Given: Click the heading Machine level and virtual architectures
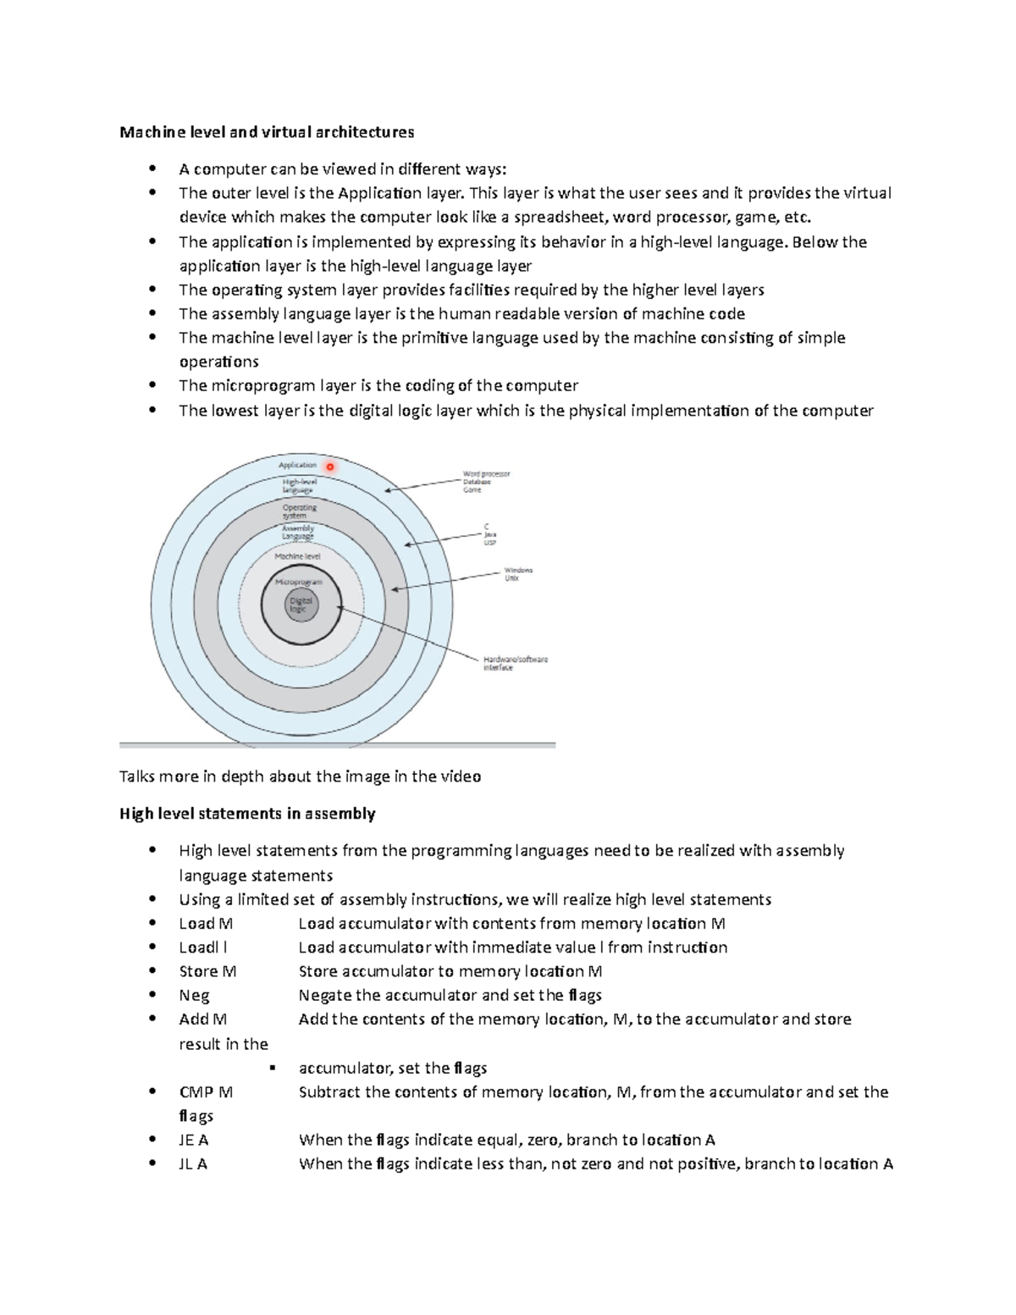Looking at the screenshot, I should pos(267,132).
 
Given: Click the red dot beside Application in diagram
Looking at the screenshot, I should pos(330,467).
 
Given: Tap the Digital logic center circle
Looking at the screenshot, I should pos(301,605).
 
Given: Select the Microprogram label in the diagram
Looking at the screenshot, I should pos(298,583).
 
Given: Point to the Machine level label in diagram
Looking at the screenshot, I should pos(297,556).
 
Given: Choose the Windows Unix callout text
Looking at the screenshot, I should pos(517,574).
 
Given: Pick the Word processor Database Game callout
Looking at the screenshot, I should pos(485,482).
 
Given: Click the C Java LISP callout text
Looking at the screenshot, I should pos(489,534).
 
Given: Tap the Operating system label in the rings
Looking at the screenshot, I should pos(299,511).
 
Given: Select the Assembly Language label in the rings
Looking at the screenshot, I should pos(297,532).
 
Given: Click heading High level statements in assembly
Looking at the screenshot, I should pos(247,814).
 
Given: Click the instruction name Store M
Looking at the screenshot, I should pos(207,971).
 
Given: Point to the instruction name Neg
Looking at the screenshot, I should pos(194,996).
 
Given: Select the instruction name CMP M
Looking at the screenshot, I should pos(206,1092).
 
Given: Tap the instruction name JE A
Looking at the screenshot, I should pos(193,1140).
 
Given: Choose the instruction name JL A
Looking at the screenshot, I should pos(192,1163).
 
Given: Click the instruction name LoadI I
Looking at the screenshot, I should pos(203,948).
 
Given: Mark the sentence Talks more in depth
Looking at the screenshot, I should pos(300,776).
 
